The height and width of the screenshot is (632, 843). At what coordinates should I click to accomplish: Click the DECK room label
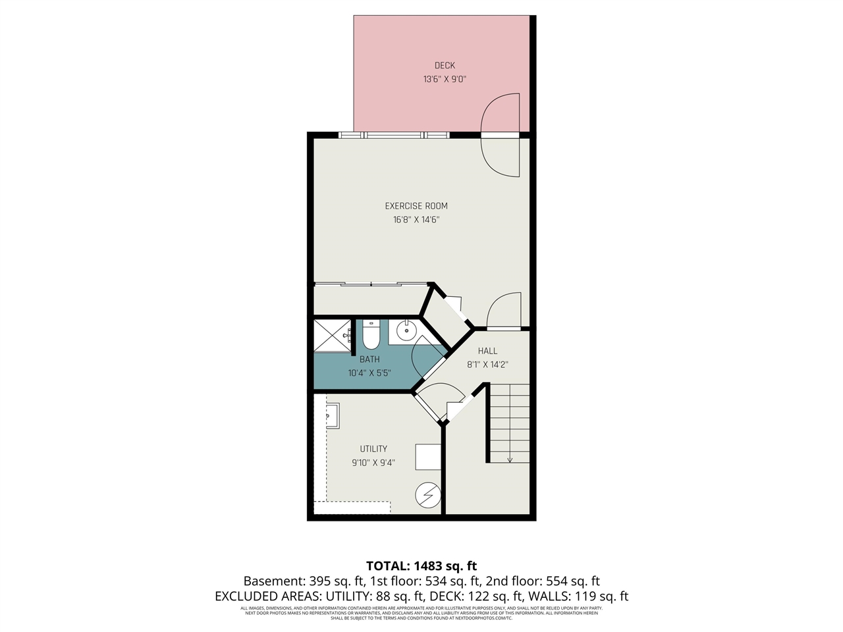(x=445, y=65)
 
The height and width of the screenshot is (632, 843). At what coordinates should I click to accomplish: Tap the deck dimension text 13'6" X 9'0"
(x=445, y=79)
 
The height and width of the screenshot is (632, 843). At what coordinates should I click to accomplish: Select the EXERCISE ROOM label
(x=416, y=206)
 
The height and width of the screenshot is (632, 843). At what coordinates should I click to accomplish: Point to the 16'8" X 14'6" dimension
(x=416, y=220)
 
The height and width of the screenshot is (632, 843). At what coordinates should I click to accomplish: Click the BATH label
(x=369, y=359)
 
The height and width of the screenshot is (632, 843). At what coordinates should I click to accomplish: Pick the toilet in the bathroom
(x=371, y=335)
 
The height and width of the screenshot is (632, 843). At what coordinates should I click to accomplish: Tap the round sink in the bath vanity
(x=406, y=330)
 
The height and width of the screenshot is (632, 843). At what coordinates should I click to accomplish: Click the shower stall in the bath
(x=333, y=336)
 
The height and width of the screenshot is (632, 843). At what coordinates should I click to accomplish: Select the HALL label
(x=487, y=351)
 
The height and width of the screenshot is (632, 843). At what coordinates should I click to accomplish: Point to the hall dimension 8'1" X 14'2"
(x=487, y=365)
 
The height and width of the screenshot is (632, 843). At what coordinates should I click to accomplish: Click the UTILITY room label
(x=373, y=449)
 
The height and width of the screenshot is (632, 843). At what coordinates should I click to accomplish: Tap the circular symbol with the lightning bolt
(x=428, y=495)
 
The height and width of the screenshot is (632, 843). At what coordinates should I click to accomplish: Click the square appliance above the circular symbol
(x=428, y=456)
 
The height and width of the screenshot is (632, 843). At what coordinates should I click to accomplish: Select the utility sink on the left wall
(x=332, y=416)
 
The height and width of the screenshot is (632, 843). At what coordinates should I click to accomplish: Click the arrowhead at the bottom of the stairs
(x=510, y=460)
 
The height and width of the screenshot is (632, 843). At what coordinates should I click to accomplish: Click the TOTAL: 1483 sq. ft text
(x=421, y=566)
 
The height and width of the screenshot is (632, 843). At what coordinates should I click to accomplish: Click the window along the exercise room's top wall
(x=394, y=135)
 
